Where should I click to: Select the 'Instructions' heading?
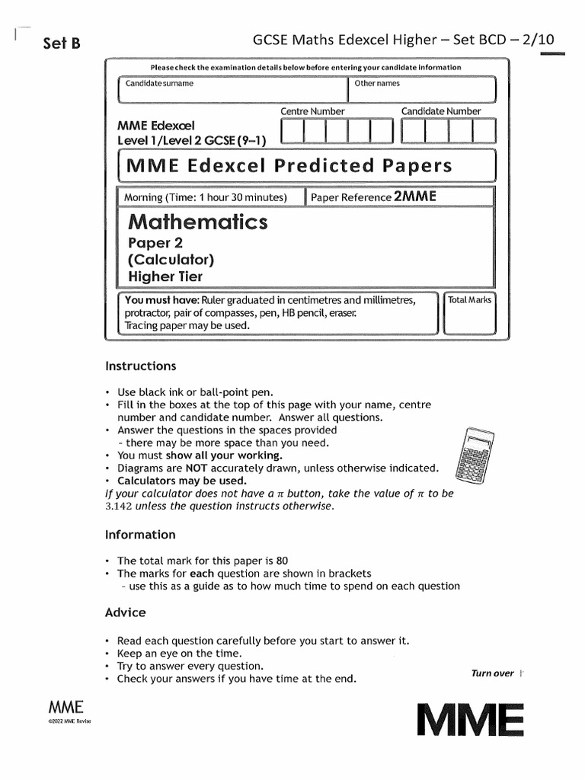click(141, 366)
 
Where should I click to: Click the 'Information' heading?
click(140, 535)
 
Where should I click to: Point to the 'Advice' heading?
click(125, 612)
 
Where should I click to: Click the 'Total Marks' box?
click(469, 312)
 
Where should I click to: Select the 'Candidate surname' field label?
click(159, 84)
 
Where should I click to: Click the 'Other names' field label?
click(377, 84)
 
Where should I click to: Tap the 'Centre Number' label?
click(312, 111)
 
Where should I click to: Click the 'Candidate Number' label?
click(441, 111)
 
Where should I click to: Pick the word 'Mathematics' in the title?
click(198, 222)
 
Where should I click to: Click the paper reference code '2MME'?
click(415, 197)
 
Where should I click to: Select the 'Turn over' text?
click(493, 673)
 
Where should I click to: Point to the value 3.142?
click(119, 506)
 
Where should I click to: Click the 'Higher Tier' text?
click(165, 277)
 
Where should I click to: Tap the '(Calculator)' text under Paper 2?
click(171, 260)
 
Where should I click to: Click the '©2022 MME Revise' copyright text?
click(69, 721)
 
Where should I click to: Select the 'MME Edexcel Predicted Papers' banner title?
click(289, 166)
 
